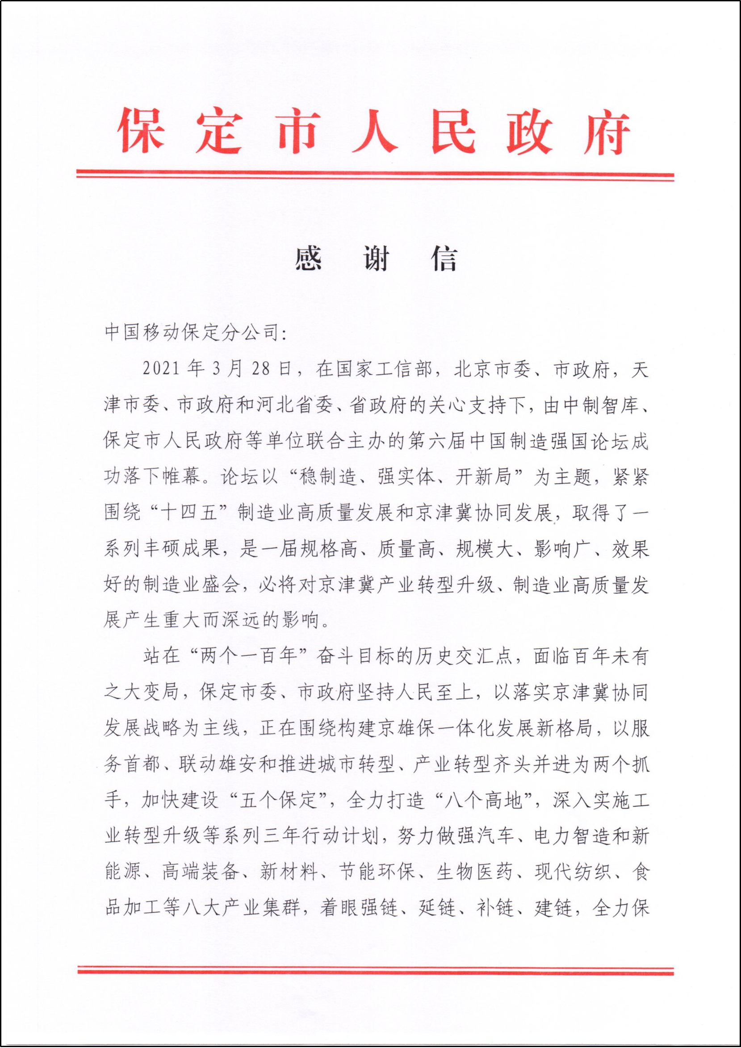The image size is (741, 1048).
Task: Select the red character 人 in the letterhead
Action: click(x=375, y=131)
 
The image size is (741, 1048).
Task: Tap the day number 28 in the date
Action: click(x=261, y=369)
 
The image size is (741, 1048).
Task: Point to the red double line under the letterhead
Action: click(x=375, y=175)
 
